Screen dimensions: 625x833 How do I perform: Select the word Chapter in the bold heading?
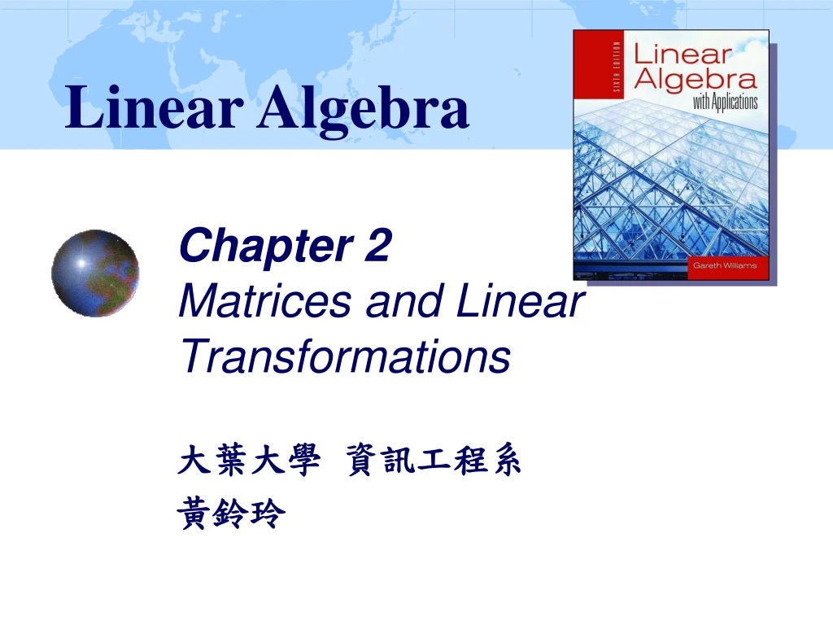coord(256,247)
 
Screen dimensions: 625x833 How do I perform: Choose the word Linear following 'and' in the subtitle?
coord(519,302)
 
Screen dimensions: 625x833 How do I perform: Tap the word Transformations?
coord(344,356)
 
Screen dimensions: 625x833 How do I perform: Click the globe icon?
coord(95,273)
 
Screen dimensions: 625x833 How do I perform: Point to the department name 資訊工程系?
coord(433,462)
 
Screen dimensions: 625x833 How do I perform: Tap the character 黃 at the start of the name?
coord(194,514)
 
